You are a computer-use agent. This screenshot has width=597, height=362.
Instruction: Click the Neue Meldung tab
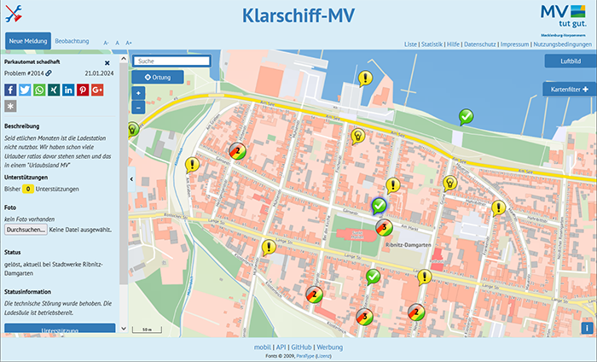click(x=27, y=41)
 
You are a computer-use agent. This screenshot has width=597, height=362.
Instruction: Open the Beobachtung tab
click(x=72, y=41)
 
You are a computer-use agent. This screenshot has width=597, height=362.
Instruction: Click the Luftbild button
click(x=570, y=61)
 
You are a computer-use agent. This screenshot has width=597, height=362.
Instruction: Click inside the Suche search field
click(x=171, y=61)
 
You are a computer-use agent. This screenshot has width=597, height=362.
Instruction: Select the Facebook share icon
click(x=10, y=90)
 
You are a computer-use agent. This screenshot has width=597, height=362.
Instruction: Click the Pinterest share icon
click(x=83, y=90)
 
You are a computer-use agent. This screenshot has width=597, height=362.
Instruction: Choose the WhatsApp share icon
click(x=39, y=90)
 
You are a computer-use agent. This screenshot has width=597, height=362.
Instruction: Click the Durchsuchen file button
click(x=26, y=230)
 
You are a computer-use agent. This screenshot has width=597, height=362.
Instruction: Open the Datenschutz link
click(x=480, y=44)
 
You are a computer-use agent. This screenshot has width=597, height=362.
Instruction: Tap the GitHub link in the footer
click(x=301, y=347)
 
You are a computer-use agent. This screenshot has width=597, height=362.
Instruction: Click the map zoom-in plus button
click(x=138, y=93)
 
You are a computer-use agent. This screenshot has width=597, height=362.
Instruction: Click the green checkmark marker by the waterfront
click(x=466, y=115)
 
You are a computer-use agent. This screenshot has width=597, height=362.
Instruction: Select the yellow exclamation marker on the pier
click(x=365, y=79)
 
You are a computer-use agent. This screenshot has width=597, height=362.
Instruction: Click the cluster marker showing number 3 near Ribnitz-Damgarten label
click(x=384, y=227)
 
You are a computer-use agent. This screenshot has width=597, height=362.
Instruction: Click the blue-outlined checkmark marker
click(x=380, y=205)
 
